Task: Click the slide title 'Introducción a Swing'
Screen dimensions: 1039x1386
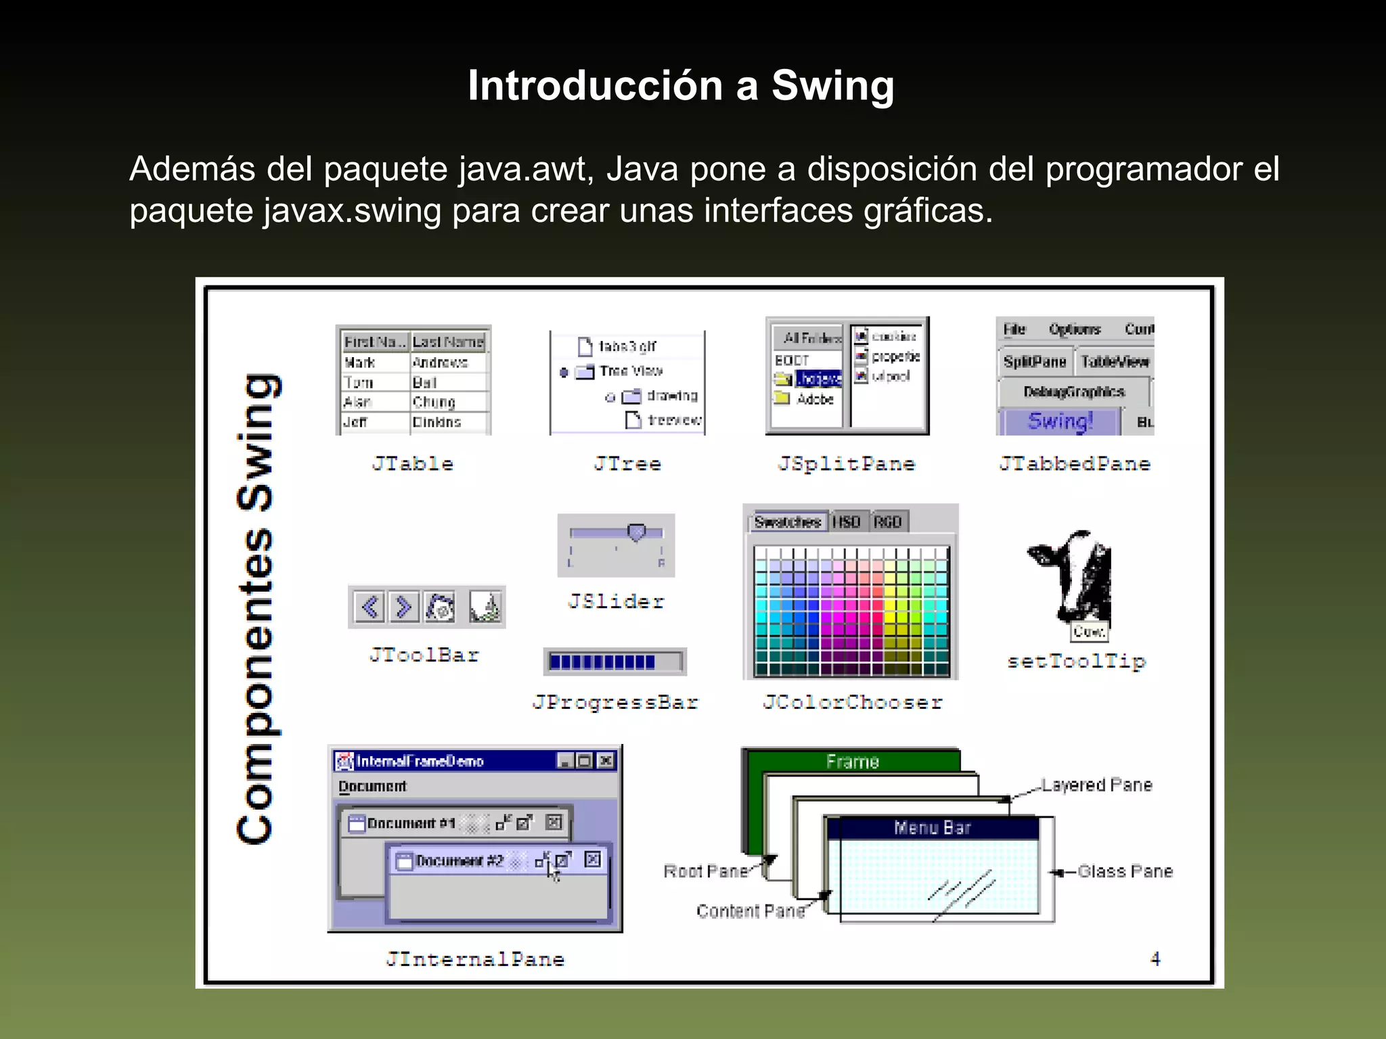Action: [681, 86]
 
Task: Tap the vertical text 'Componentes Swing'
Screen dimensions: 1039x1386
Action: [256, 609]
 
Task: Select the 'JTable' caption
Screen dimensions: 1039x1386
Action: [412, 464]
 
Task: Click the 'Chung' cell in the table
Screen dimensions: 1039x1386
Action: [434, 402]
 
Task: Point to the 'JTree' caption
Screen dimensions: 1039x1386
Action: [627, 464]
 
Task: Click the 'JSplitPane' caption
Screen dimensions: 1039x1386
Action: [847, 464]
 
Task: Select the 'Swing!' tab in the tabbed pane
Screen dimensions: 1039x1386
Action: [1060, 421]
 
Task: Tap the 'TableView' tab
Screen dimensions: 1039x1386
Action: [1115, 362]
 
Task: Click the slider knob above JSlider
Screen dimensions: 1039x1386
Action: [636, 532]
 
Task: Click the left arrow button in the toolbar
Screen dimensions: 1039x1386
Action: [370, 607]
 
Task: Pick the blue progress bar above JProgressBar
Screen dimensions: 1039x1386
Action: [602, 662]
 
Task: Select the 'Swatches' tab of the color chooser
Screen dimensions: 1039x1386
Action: [787, 522]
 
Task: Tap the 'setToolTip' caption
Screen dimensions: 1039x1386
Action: [1076, 662]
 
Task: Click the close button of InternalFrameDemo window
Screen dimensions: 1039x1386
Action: [606, 761]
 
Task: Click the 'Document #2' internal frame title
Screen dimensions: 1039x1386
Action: [460, 860]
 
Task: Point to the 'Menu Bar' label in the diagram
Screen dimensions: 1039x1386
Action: [932, 828]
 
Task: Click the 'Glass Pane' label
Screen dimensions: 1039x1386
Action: [1125, 872]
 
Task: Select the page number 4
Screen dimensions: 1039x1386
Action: [1155, 959]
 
